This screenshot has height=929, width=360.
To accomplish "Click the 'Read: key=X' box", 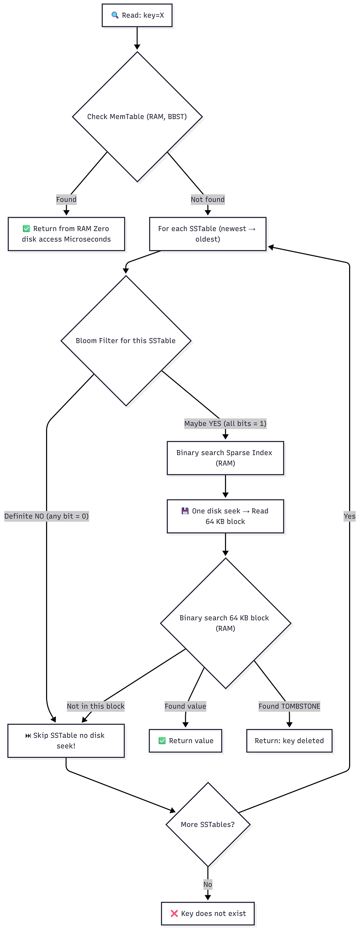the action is pyautogui.click(x=137, y=15).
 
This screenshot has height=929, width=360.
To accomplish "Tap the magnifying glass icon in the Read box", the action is pyautogui.click(x=115, y=15).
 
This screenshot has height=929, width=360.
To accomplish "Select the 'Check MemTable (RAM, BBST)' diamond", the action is pyautogui.click(x=137, y=117).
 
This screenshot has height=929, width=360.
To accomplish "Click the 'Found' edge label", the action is pyautogui.click(x=66, y=200).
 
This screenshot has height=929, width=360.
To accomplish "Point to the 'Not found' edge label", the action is pyautogui.click(x=208, y=200).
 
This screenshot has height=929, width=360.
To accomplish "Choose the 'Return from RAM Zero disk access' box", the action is pyautogui.click(x=66, y=234).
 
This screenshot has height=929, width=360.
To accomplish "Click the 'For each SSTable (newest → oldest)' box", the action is pyautogui.click(x=208, y=234).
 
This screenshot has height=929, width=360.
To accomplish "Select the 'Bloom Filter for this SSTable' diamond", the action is pyautogui.click(x=126, y=341).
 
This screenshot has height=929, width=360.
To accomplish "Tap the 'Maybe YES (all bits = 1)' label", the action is pyautogui.click(x=225, y=423).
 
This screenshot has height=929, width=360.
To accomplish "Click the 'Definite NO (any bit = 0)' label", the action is pyautogui.click(x=46, y=516).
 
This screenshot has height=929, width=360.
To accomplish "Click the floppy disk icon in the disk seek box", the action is pyautogui.click(x=185, y=511).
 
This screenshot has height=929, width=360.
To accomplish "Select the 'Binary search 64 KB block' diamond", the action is pyautogui.click(x=225, y=623).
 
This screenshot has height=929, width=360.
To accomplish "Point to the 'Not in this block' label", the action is pyautogui.click(x=96, y=706).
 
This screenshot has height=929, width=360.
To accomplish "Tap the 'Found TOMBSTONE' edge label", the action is pyautogui.click(x=289, y=706).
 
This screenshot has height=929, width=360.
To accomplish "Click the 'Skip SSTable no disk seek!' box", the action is pyautogui.click(x=66, y=741).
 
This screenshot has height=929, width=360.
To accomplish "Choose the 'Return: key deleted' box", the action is pyautogui.click(x=289, y=741).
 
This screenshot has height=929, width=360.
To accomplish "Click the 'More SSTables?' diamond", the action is pyautogui.click(x=208, y=824).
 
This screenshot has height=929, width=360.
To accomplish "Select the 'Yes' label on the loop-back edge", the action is pyautogui.click(x=349, y=516).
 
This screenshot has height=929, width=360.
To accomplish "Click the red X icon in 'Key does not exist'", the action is pyautogui.click(x=174, y=913).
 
